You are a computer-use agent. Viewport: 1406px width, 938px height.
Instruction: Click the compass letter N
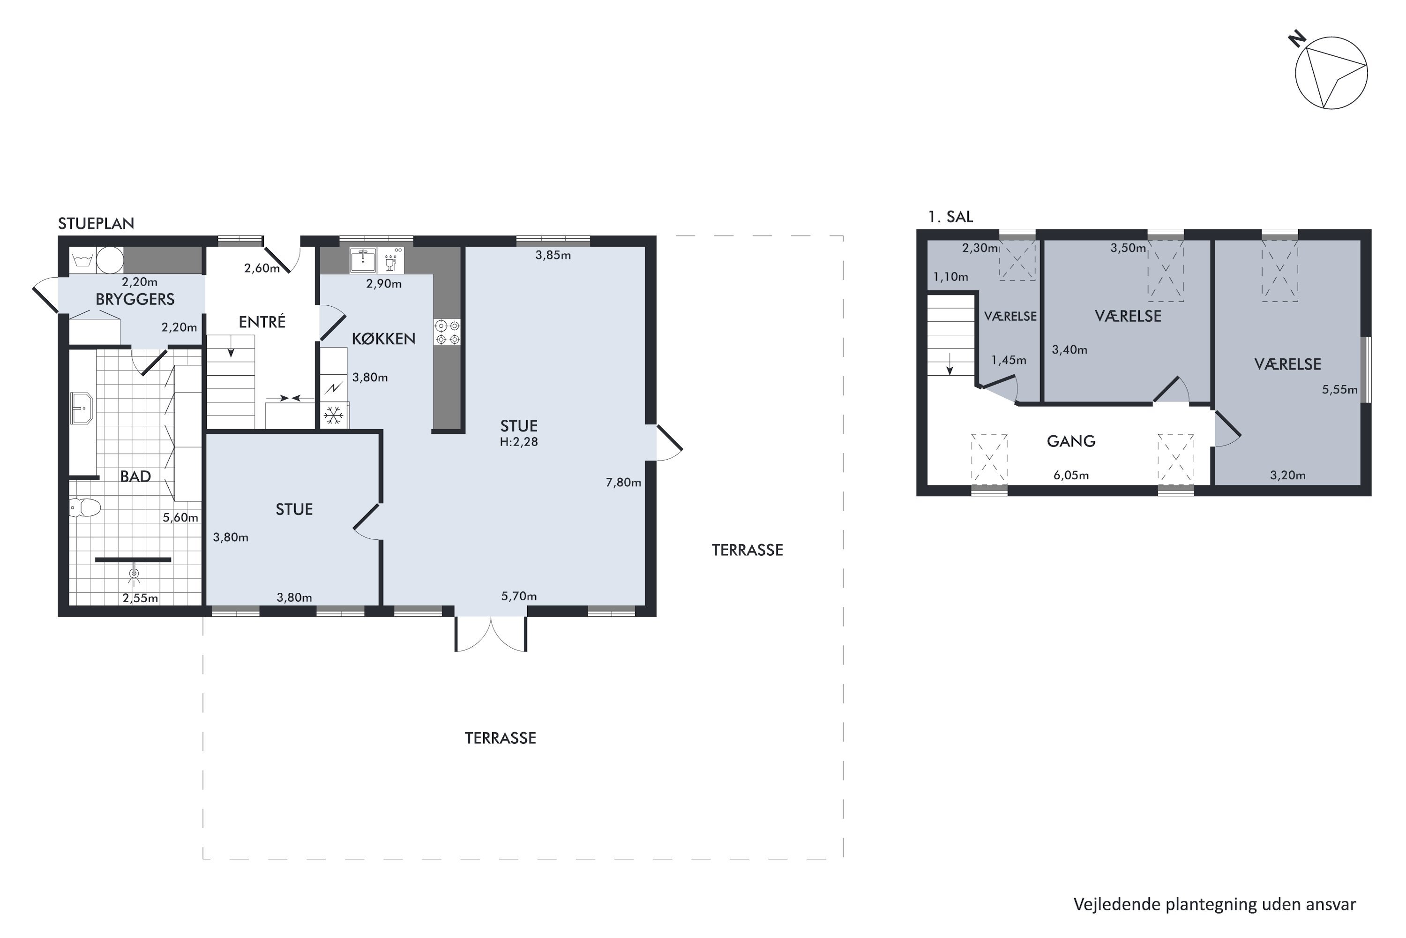(1297, 40)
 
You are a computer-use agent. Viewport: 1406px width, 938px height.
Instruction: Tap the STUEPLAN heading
(96, 224)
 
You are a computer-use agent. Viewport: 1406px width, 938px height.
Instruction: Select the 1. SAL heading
(950, 217)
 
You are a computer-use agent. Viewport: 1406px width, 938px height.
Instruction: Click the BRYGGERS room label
(135, 299)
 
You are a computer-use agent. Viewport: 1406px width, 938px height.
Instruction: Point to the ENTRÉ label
(262, 322)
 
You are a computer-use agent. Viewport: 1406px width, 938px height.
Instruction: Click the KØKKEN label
(383, 339)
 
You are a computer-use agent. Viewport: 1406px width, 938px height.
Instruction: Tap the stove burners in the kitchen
(447, 333)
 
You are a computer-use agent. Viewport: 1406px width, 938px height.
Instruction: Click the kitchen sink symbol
(363, 260)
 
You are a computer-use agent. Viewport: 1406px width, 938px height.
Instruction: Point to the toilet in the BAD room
(85, 508)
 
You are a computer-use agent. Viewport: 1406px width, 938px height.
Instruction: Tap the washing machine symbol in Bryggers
(81, 260)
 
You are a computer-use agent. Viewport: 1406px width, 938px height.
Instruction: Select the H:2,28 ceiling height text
(518, 442)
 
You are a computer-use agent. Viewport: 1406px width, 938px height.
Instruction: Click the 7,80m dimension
(623, 482)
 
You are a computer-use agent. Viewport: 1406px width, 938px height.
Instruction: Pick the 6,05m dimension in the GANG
(1070, 476)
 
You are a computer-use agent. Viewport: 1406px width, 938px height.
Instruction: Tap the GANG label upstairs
(1070, 441)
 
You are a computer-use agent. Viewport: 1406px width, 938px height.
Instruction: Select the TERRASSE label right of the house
(747, 550)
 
